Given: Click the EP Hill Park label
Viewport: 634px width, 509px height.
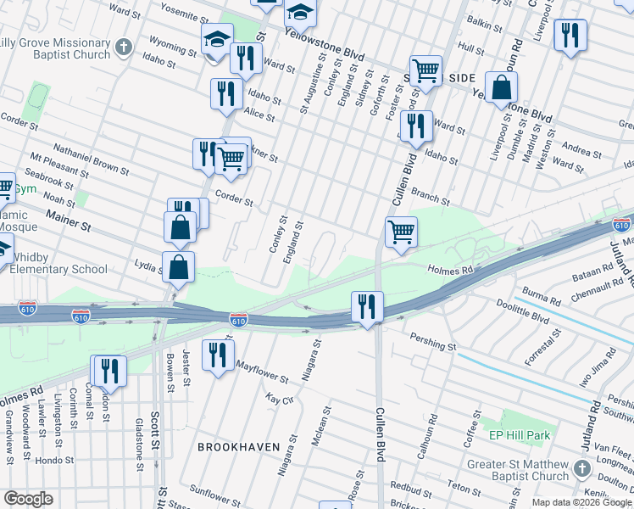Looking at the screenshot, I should pos(520,435).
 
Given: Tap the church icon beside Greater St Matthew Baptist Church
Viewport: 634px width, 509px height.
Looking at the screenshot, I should pos(581,469).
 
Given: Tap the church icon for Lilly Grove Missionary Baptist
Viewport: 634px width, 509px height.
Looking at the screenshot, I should pos(124,46).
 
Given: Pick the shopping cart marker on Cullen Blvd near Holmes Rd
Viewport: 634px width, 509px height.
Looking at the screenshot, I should pos(400,231).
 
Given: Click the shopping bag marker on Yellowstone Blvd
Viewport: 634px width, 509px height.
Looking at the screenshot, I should pos(502,87).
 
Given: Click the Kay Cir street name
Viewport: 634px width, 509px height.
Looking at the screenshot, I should pos(279,398).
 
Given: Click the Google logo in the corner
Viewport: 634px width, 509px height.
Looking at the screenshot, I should pos(29,499).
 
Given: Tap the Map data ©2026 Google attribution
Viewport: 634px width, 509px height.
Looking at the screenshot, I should pos(581,502).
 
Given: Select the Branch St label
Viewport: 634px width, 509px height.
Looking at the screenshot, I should pos(431,197).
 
